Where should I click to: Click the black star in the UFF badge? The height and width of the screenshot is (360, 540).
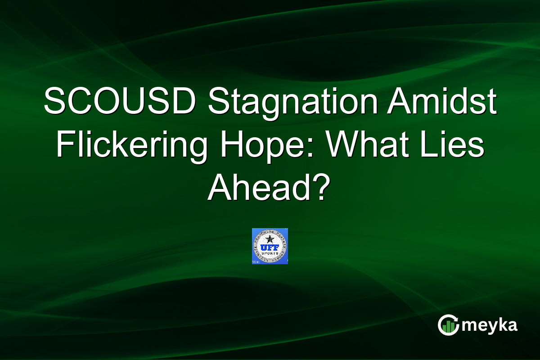pos(270,238)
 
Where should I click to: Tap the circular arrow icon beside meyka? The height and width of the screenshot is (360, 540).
pos(448,325)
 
